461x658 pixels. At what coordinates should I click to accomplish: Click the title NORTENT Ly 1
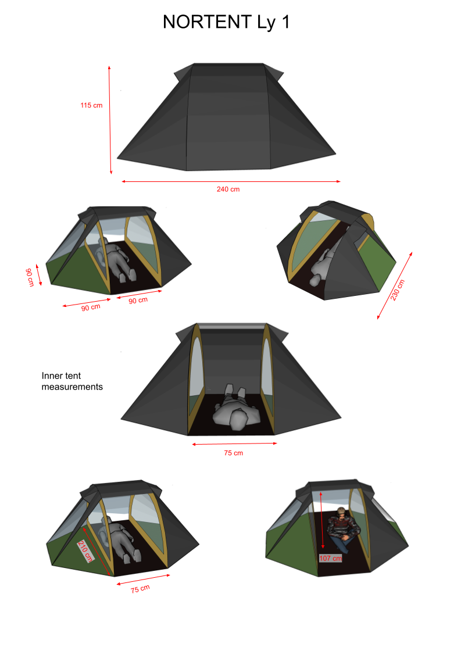tap(226, 22)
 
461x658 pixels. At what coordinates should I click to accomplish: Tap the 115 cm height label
tap(91, 105)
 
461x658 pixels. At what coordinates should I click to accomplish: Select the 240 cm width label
tap(228, 189)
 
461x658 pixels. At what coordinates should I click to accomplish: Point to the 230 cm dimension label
tap(397, 290)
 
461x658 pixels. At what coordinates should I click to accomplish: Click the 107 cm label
tap(330, 558)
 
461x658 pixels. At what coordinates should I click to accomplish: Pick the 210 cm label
tap(85, 551)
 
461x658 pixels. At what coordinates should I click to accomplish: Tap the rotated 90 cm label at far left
tap(30, 277)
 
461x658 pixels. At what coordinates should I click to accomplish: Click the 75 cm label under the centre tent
tap(234, 453)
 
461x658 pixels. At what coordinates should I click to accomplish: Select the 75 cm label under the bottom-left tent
tap(140, 589)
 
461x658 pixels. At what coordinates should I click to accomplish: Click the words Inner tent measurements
tap(72, 381)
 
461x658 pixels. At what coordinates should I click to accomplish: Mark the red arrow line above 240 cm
tap(231, 182)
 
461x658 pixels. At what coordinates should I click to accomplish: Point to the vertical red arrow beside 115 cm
tap(110, 120)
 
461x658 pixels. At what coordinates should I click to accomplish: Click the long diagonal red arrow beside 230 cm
tap(395, 285)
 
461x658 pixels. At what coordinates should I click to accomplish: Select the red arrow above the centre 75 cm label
tap(235, 444)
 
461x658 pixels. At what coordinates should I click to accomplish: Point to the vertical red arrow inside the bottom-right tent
tap(321, 520)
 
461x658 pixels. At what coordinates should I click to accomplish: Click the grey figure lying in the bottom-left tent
tap(120, 541)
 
